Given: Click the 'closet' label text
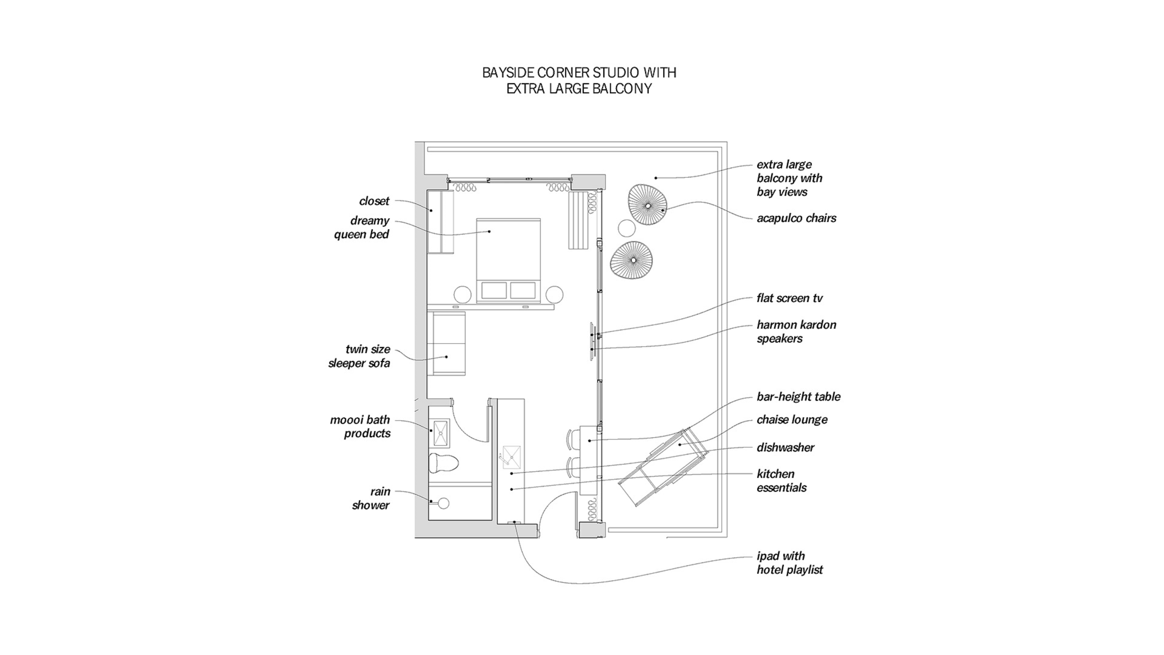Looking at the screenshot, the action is pyautogui.click(x=374, y=201).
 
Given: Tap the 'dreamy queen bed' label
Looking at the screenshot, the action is pyautogui.click(x=362, y=227).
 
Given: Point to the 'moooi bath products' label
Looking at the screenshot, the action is pyautogui.click(x=360, y=426).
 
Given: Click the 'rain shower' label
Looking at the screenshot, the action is pyautogui.click(x=371, y=498).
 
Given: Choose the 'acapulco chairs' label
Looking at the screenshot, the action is pyautogui.click(x=796, y=218).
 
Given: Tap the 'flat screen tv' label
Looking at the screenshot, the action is pyautogui.click(x=789, y=298).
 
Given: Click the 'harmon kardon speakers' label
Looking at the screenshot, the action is pyautogui.click(x=796, y=331).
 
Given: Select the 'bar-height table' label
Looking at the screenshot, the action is pyautogui.click(x=798, y=396).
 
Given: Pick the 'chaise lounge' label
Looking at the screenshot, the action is pyautogui.click(x=792, y=419).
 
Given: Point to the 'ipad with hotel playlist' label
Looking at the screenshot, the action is pyautogui.click(x=789, y=563).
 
